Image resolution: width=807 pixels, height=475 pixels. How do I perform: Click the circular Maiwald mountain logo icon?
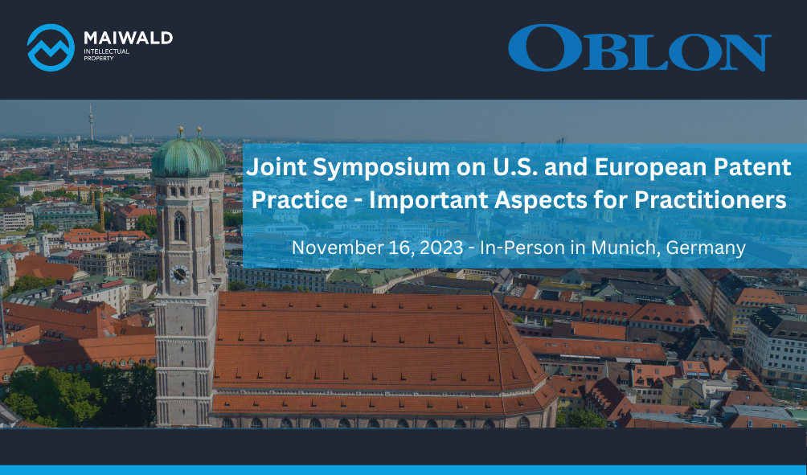point(51,47)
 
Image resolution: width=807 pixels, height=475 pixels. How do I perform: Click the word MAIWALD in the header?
point(128,38)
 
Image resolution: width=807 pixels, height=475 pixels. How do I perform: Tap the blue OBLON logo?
point(640,47)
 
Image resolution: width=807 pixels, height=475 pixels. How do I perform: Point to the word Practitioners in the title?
point(711,200)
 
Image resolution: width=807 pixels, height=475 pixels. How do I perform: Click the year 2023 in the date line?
point(441,248)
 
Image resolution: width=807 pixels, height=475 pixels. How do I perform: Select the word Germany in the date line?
point(706,248)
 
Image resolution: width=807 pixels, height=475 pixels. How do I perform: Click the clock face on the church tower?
point(179,274)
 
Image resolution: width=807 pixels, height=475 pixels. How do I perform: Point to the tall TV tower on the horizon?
point(91,121)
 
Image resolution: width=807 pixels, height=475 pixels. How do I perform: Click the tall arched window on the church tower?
point(179,227)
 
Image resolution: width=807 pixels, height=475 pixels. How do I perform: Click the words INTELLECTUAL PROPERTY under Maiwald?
point(107,55)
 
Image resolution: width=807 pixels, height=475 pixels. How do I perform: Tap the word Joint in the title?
point(277,167)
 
